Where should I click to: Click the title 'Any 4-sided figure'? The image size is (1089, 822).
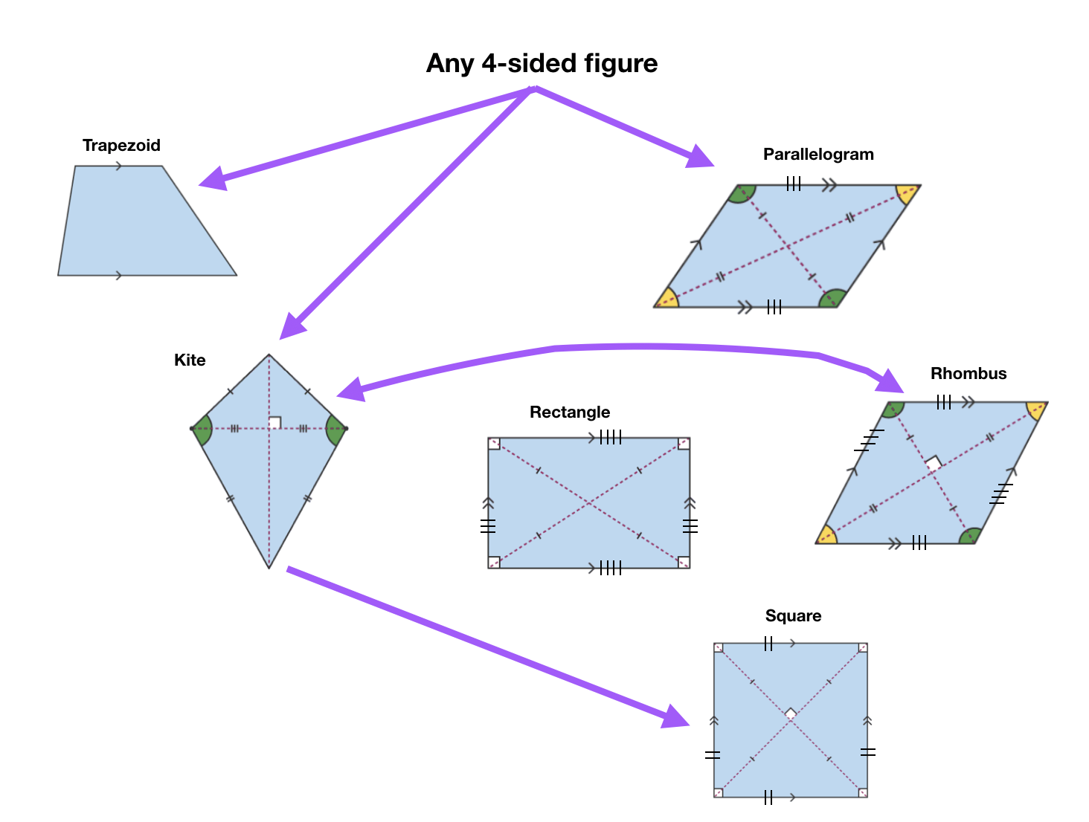coord(542,63)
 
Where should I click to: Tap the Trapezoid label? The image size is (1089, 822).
coord(121,145)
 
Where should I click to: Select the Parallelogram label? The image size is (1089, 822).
coord(818,154)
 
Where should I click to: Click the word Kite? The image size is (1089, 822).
coord(190,360)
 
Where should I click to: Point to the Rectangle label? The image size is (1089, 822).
coord(570,412)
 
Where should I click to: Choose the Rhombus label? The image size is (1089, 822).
coord(968,373)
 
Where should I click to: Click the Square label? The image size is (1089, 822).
coord(793,615)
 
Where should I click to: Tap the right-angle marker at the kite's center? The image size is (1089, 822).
coord(274,422)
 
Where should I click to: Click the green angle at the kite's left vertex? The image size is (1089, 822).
coord(204,429)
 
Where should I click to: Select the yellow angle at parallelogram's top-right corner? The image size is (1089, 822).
coord(907,193)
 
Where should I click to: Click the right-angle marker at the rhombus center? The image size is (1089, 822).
coord(934,463)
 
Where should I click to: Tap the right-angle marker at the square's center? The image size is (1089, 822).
coord(791,713)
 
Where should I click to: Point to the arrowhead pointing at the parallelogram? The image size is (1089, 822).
coord(699,157)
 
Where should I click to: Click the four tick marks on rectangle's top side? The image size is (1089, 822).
coord(611,438)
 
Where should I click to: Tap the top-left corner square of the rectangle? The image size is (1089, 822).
coord(495,444)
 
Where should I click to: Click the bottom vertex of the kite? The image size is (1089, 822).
coord(269,568)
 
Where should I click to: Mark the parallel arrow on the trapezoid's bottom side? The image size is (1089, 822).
coord(119,276)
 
